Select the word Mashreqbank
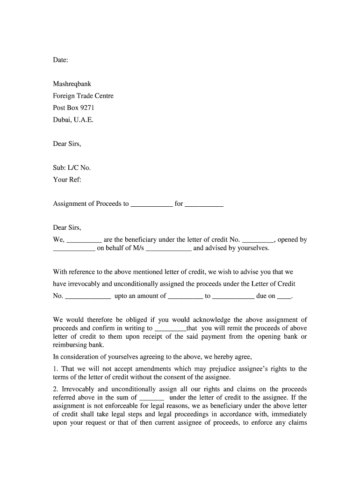click(x=72, y=84)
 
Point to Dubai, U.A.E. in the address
click(x=73, y=120)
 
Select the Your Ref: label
click(x=67, y=180)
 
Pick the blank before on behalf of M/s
click(x=74, y=249)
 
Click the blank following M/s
click(x=168, y=249)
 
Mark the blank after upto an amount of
click(x=185, y=297)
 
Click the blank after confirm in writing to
click(x=170, y=329)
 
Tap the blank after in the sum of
click(x=151, y=398)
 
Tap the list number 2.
click(x=55, y=389)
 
